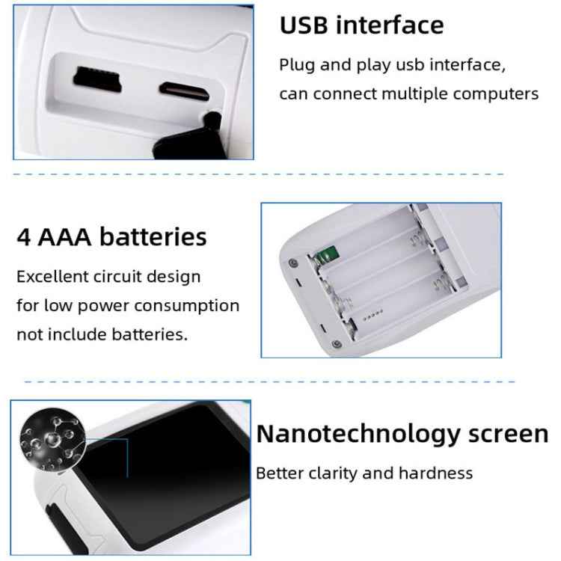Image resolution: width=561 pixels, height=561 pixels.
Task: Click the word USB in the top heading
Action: tap(305, 25)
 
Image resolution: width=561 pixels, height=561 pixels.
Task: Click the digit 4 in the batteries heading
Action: tap(24, 237)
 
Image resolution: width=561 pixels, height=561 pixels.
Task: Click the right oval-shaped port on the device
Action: tap(184, 89)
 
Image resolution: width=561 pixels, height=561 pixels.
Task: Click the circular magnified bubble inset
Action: tap(52, 441)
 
